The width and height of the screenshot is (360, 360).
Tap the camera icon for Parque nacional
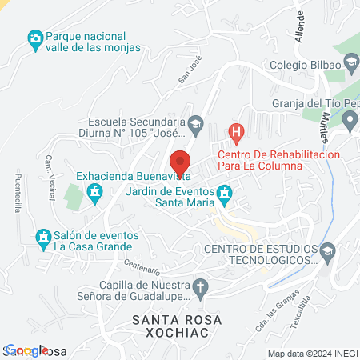pos(34,38)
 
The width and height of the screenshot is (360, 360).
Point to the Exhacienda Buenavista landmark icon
pos(95,192)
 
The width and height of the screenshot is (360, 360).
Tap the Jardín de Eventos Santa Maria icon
pos(225,192)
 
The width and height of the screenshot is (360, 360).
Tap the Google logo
pos(27,350)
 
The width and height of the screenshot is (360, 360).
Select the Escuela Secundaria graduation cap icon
pos(195,123)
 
